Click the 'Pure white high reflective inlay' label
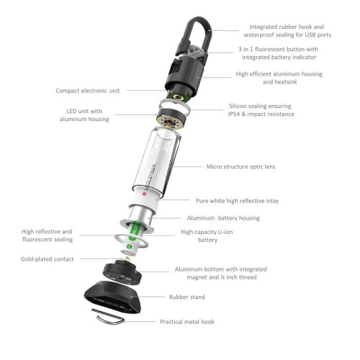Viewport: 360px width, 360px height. pos(240,201)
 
